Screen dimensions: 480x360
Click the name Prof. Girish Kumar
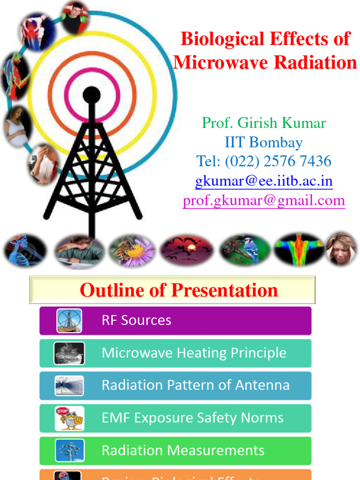pyautogui.click(x=263, y=123)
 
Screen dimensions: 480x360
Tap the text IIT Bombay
pyautogui.click(x=263, y=142)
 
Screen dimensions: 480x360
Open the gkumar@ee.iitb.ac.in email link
pyautogui.click(x=264, y=181)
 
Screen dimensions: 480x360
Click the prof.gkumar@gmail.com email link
pyautogui.click(x=264, y=201)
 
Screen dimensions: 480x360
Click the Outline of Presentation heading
pyautogui.click(x=179, y=290)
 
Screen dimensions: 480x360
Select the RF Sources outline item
pyautogui.click(x=136, y=321)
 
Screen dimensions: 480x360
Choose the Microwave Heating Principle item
pyautogui.click(x=194, y=353)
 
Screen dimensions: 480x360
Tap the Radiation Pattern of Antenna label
pyautogui.click(x=195, y=385)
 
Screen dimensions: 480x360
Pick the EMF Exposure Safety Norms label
pyautogui.click(x=192, y=418)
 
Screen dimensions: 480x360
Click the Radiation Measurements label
pyautogui.click(x=183, y=450)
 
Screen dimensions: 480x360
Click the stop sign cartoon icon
pyautogui.click(x=69, y=418)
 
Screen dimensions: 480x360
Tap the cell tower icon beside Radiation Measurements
pyautogui.click(x=69, y=450)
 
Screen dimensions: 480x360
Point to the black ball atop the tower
pyautogui.click(x=91, y=95)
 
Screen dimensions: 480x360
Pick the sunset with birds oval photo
pyautogui.click(x=187, y=250)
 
